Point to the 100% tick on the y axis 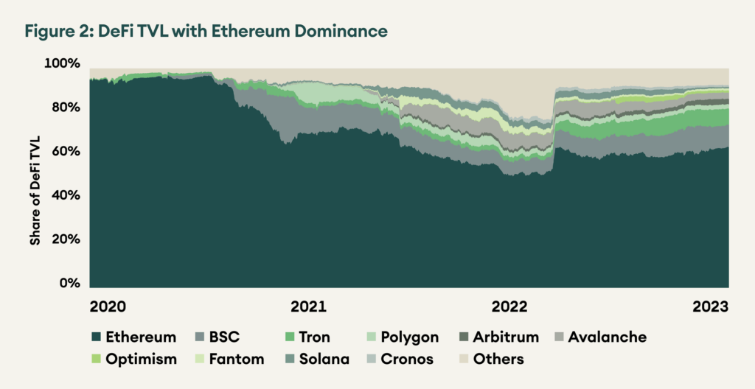pos(62,64)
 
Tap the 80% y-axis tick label pos(64,108)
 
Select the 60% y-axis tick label pos(64,152)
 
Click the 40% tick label pos(64,196)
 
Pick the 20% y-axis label pos(64,240)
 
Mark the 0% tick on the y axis pos(68,284)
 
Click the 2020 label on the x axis pos(108,306)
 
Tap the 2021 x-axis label pos(308,306)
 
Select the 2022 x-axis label pos(509,306)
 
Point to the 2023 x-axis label pos(709,306)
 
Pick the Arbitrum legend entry pos(506,337)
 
